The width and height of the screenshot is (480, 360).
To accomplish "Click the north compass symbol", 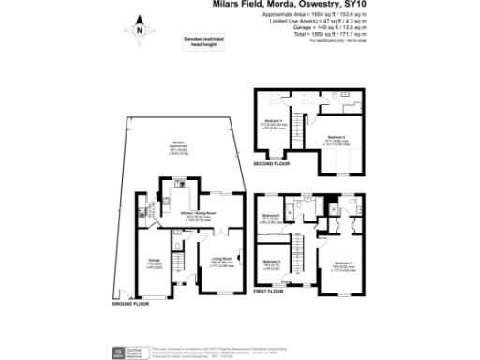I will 139,30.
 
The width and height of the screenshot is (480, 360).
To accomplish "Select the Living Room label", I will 233,259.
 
